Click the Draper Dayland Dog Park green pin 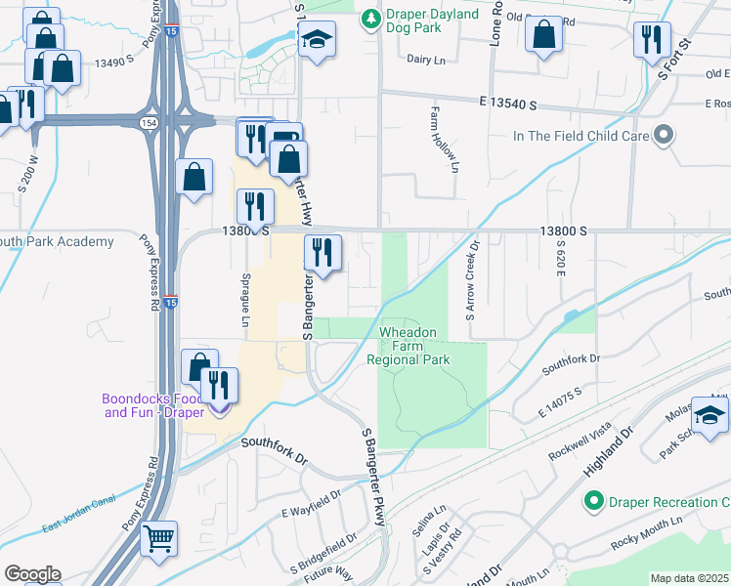coord(370,19)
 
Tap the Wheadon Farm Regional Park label coord(408,346)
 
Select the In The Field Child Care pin coord(665,135)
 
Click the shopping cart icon coord(159,537)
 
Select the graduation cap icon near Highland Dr coord(709,414)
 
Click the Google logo coord(32,574)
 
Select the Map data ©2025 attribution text coord(690,578)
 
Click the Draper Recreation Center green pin coord(592,502)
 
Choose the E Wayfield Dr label coord(311,512)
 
